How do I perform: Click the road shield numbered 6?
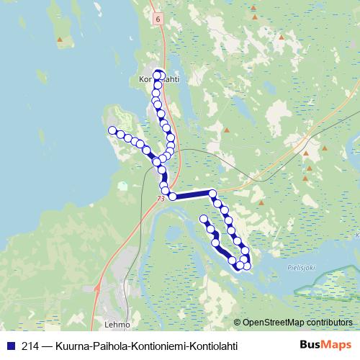(x=156, y=19)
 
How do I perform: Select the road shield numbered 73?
(x=160, y=198)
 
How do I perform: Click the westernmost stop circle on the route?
(x=112, y=130)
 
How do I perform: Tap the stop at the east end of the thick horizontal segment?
(x=212, y=193)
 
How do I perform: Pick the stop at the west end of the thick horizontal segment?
(x=173, y=197)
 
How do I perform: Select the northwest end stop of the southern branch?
(x=203, y=218)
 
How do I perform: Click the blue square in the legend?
(x=9, y=346)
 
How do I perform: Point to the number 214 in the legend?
(x=30, y=346)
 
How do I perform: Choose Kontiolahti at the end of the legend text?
(x=212, y=346)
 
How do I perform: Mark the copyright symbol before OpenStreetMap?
(x=237, y=323)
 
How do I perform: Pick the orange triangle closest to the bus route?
(x=228, y=130)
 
